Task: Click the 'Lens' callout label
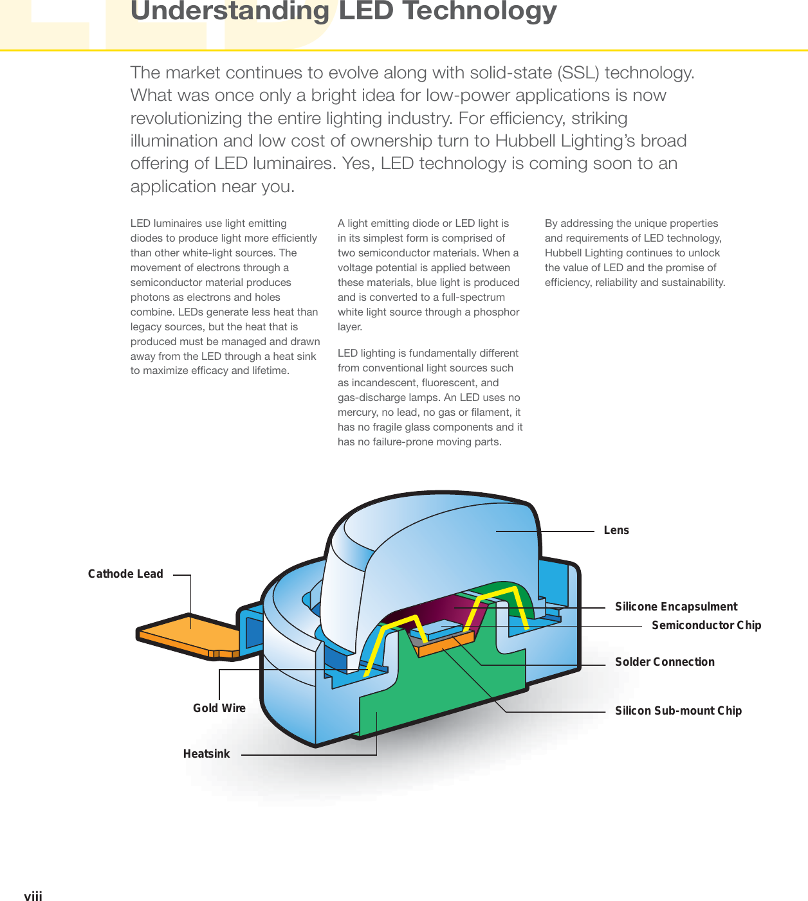point(616,530)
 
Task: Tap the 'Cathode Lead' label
point(125,574)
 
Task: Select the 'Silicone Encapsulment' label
point(676,607)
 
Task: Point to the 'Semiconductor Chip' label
point(706,625)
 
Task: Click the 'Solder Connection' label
point(665,662)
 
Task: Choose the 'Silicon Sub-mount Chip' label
point(678,711)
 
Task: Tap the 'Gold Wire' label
point(219,708)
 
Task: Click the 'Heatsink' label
point(206,754)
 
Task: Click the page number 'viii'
point(33,897)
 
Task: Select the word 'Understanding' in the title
point(230,11)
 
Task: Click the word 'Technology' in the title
point(479,11)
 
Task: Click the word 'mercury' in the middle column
point(358,413)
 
